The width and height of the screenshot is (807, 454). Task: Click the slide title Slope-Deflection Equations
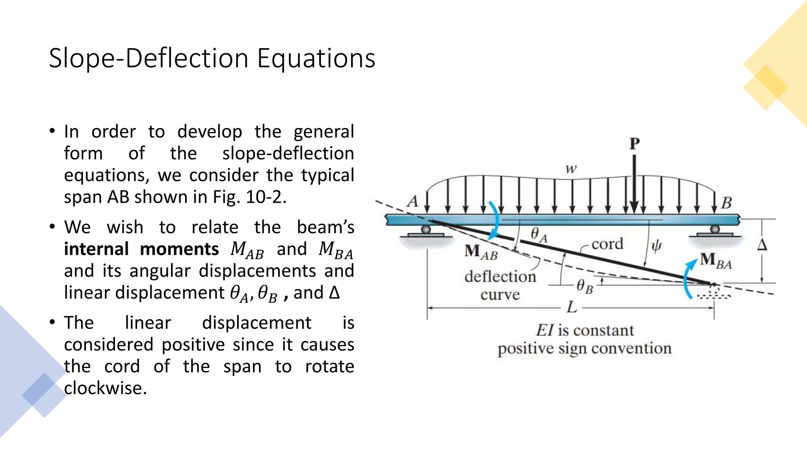[212, 58]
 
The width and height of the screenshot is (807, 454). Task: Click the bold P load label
[634, 144]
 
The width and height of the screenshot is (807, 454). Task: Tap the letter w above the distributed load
[571, 169]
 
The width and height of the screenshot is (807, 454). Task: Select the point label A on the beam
[413, 201]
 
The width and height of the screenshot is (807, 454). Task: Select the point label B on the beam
[726, 203]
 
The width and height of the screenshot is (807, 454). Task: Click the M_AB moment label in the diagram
[481, 252]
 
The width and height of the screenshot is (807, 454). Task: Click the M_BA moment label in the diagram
[716, 261]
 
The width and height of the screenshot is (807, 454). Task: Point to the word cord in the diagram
[607, 244]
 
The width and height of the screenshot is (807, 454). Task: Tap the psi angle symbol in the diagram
[656, 247]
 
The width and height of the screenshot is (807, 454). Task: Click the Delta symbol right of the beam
[762, 245]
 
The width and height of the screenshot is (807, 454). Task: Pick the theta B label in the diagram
[584, 286]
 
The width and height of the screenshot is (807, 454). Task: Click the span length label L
[572, 307]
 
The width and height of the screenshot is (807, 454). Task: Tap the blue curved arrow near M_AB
[494, 221]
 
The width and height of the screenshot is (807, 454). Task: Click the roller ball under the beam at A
[426, 229]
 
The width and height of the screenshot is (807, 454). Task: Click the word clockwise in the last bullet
[105, 388]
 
